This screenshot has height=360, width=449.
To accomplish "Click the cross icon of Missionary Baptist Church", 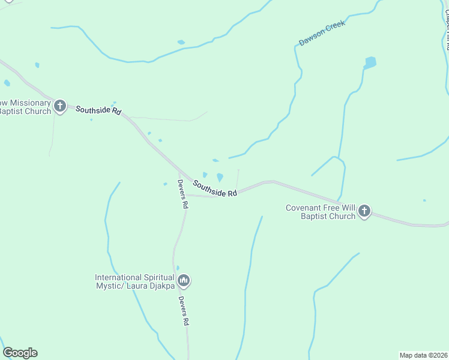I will pyautogui.click(x=59, y=107).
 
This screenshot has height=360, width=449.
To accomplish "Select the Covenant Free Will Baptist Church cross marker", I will pyautogui.click(x=364, y=211).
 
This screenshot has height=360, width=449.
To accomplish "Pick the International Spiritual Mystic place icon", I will pyautogui.click(x=184, y=281).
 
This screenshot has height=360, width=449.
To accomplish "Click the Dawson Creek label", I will pyautogui.click(x=322, y=35).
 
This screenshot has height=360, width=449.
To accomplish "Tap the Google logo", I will pyautogui.click(x=20, y=353).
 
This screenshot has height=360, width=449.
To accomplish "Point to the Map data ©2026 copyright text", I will pyautogui.click(x=423, y=355).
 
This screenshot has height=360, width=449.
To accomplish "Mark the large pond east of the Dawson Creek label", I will pyautogui.click(x=370, y=62).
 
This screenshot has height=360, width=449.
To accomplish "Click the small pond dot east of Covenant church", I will pyautogui.click(x=424, y=200).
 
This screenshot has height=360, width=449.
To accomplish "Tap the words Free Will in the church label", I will pyautogui.click(x=342, y=208).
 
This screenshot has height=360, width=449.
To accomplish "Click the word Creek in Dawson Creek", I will pyautogui.click(x=334, y=29).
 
